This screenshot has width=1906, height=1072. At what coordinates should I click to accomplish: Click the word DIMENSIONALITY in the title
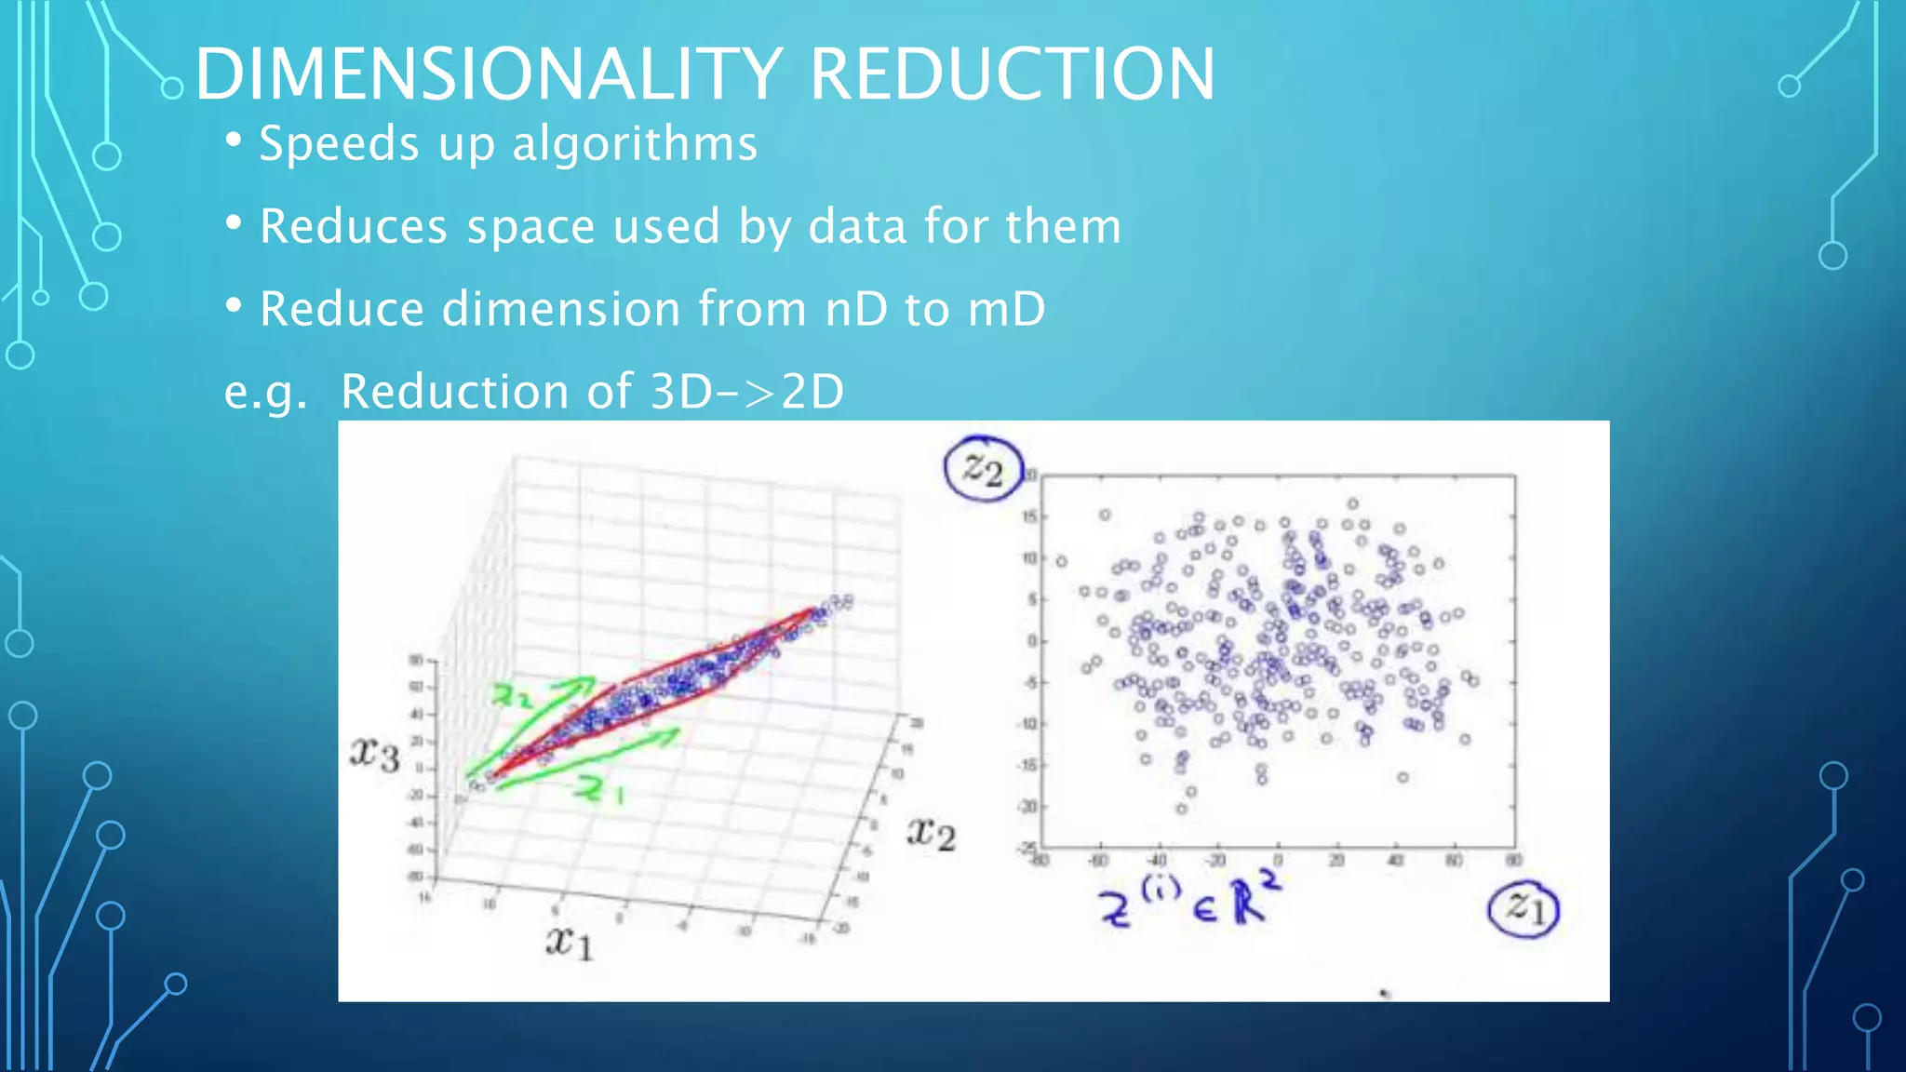[489, 74]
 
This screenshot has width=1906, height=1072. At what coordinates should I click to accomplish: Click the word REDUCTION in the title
[1012, 74]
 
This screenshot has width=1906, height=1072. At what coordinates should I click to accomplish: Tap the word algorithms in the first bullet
[635, 144]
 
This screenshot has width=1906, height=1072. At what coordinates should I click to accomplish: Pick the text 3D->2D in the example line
[747, 392]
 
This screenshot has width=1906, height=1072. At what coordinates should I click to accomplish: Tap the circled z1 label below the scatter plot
[1523, 907]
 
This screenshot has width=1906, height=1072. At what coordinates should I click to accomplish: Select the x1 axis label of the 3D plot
[569, 944]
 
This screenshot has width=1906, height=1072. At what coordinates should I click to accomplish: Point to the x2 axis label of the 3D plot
[931, 833]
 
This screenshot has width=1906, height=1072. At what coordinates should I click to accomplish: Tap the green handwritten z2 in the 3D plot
[513, 695]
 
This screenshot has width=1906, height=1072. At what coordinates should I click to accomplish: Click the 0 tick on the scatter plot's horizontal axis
[1277, 861]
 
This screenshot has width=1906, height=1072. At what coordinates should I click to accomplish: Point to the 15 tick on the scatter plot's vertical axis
[1028, 516]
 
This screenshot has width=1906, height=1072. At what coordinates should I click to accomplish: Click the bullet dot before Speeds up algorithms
[234, 141]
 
